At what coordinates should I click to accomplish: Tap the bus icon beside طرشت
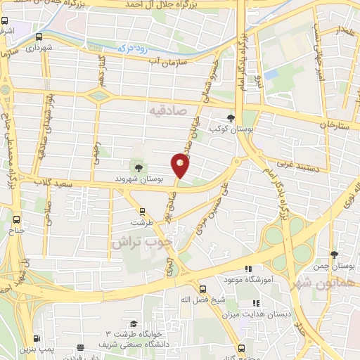click(x=143, y=211)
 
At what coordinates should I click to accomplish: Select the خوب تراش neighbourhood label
click(x=141, y=242)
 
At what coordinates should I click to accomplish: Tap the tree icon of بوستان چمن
click(x=333, y=255)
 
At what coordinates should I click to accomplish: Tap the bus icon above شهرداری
click(x=39, y=37)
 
